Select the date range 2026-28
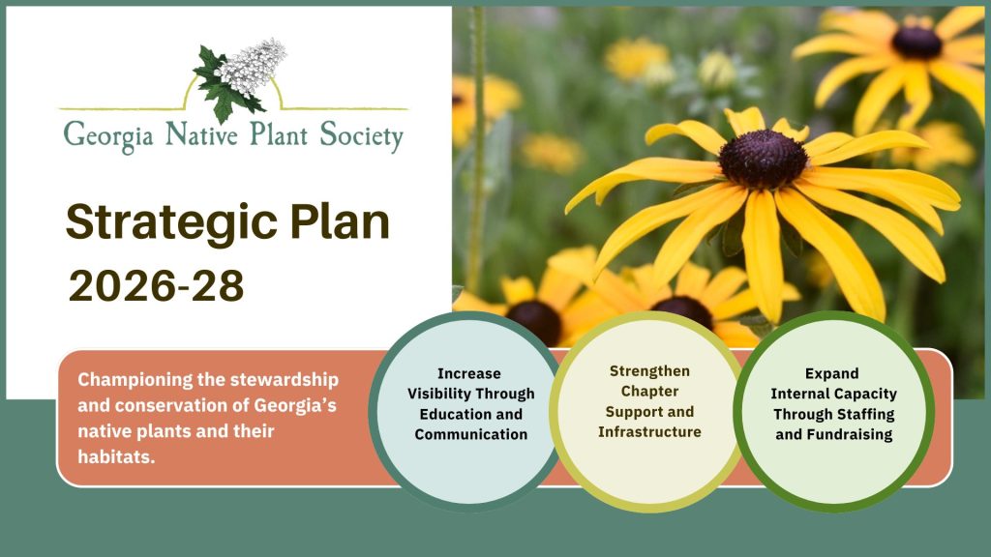pos(156,286)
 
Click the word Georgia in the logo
pos(108,135)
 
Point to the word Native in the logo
pos(201,133)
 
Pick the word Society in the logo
pos(361,136)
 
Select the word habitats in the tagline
pos(116,456)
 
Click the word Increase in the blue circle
pos(469,373)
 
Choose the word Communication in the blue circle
pos(471,434)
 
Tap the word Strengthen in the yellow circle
pos(649,371)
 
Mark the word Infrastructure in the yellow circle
pos(649,432)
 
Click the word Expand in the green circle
pos(831,374)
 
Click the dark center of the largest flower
pos(763,159)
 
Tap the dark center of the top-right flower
pos(916,43)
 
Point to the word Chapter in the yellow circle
pos(649,392)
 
